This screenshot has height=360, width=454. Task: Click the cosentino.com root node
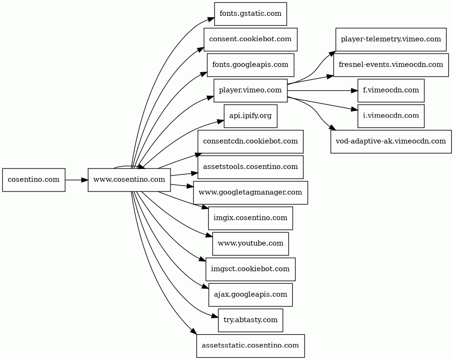(34, 180)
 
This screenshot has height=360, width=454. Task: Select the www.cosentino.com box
(129, 180)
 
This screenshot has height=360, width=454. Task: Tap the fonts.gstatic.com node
(250, 14)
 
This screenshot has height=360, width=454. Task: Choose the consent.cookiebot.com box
(250, 39)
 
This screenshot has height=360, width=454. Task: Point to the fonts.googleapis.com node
(250, 65)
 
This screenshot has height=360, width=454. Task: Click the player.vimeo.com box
(250, 90)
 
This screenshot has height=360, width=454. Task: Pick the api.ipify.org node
(250, 116)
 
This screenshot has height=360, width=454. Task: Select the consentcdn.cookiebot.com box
(250, 142)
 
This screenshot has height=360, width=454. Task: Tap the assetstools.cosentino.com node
(250, 167)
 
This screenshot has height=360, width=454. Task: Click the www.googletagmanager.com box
(250, 192)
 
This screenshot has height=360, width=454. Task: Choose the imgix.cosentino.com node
(250, 218)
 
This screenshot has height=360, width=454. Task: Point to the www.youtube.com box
(250, 244)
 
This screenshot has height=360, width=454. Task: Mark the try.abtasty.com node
(250, 320)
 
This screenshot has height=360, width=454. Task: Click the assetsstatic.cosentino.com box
(250, 346)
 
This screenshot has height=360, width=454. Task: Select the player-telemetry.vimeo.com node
(391, 39)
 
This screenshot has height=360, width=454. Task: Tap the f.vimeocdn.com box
(391, 90)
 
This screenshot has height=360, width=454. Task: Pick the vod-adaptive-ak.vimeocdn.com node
(391, 142)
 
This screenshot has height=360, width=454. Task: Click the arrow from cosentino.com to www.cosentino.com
(77, 180)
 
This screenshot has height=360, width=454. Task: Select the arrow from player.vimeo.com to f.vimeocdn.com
(323, 90)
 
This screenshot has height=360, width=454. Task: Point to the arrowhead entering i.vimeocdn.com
(354, 110)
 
